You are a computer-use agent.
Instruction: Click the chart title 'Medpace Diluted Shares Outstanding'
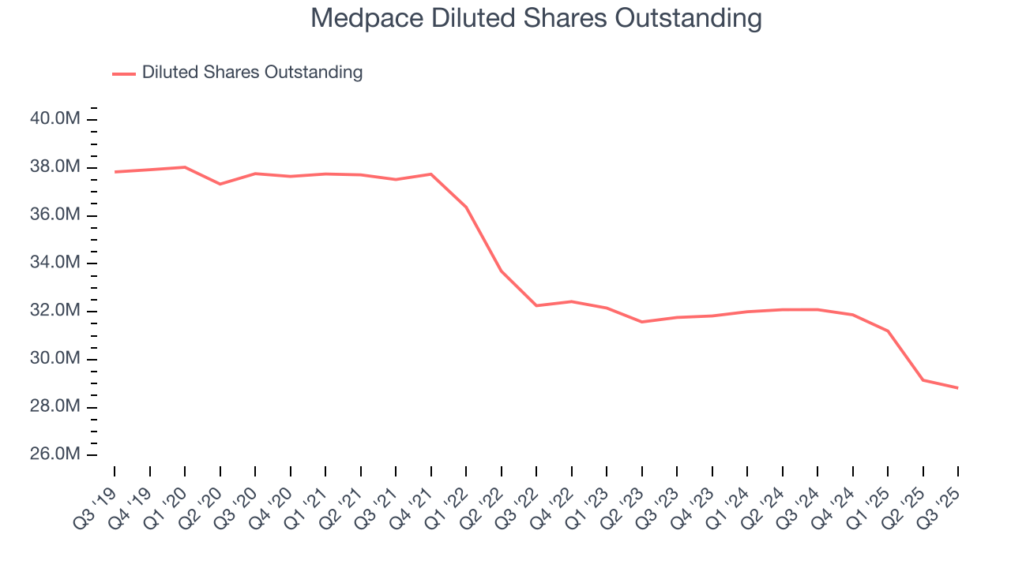536,17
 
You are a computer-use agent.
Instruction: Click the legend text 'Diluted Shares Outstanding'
252,73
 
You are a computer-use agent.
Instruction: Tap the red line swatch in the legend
124,73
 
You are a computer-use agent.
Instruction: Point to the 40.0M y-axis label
55,119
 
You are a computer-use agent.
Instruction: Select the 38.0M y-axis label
55,167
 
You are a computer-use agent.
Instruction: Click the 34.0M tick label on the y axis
55,263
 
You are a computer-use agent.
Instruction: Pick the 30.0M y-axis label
55,359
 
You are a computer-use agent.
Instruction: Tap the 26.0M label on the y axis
55,455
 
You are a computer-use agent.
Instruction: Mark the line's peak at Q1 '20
185,167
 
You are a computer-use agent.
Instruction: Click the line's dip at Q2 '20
220,184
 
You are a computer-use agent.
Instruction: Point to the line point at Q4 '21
431,174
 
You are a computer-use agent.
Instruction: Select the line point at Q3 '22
537,305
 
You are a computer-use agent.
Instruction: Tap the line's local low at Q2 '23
642,322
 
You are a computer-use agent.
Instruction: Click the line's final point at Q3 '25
958,388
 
